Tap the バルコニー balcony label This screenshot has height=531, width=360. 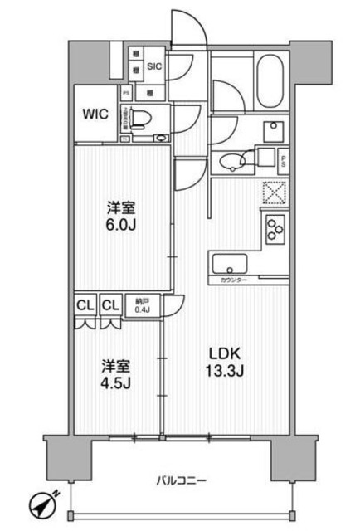click(180, 480)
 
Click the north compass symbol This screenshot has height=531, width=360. click(39, 505)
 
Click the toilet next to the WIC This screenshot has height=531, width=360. click(143, 116)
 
